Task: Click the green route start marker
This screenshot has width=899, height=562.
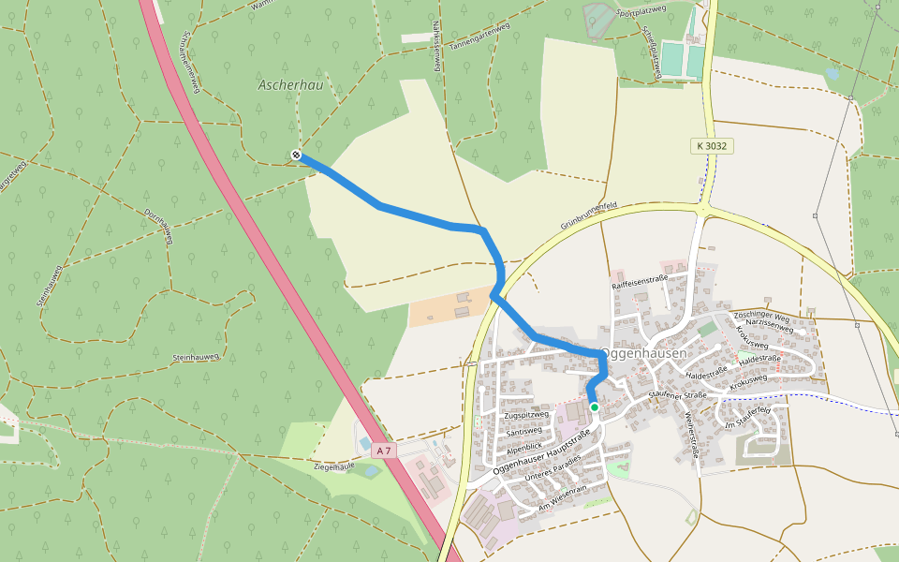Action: [x=594, y=407]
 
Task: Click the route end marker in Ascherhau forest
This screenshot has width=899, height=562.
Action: [x=296, y=155]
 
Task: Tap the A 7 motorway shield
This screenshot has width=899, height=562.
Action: [x=383, y=451]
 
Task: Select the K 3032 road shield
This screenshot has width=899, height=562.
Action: [x=712, y=146]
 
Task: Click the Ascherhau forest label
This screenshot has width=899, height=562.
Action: [x=284, y=85]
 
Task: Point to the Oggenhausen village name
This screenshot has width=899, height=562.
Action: [x=643, y=354]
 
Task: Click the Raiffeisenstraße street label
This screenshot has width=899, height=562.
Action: [x=639, y=279]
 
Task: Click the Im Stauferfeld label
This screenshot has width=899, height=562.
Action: [x=746, y=418]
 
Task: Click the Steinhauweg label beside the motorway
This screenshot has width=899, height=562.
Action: [x=196, y=358]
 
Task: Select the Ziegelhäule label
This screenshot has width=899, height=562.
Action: [x=333, y=466]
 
